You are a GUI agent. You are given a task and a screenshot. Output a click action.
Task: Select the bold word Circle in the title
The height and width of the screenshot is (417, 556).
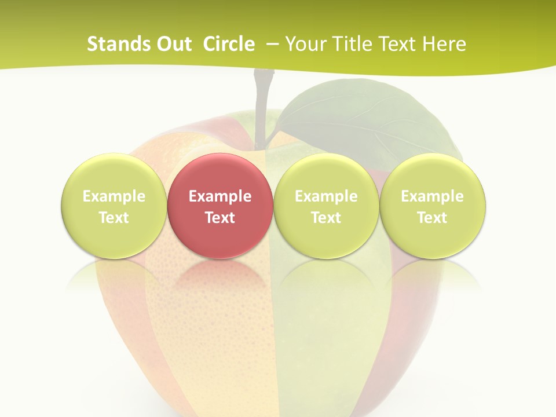click(229, 44)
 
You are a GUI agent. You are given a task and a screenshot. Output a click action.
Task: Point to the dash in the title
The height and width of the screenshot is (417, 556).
click(272, 44)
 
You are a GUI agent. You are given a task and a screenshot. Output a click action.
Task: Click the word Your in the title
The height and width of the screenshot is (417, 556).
click(304, 44)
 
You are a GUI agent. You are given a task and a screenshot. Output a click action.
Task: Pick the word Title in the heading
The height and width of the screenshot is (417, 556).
click(349, 44)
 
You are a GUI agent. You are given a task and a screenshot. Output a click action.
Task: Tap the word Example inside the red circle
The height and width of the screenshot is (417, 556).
click(220, 196)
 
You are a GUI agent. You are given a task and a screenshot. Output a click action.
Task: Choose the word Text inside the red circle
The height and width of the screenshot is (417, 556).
click(220, 218)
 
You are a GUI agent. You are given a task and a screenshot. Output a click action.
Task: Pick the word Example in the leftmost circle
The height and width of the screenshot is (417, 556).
click(114, 196)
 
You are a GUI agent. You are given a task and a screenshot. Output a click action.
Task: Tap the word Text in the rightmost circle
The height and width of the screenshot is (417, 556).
click(433, 218)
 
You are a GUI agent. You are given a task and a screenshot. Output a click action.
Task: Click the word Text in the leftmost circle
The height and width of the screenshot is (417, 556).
click(114, 218)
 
